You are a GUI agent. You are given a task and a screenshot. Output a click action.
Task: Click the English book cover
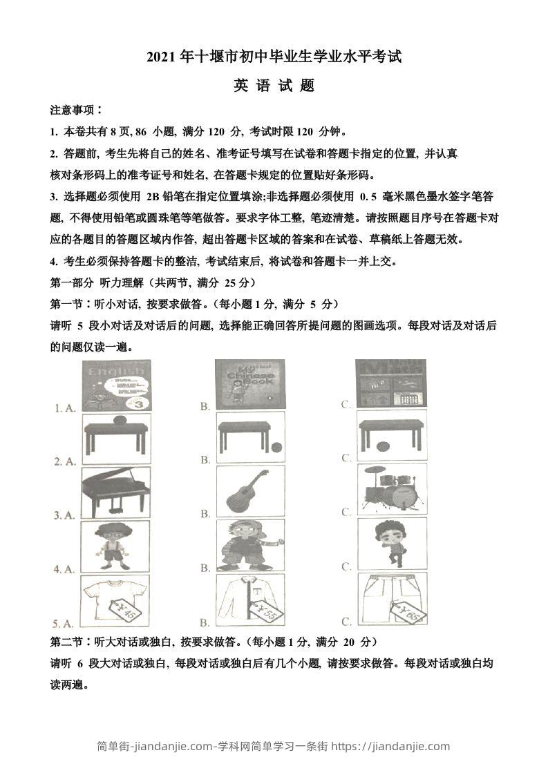pyautogui.click(x=116, y=385)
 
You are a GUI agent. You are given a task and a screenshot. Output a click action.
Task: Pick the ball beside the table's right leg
pyautogui.click(x=276, y=446)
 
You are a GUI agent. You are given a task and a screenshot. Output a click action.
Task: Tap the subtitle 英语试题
pyautogui.click(x=274, y=86)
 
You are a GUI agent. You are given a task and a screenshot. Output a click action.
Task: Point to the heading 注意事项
pyautogui.click(x=76, y=111)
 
